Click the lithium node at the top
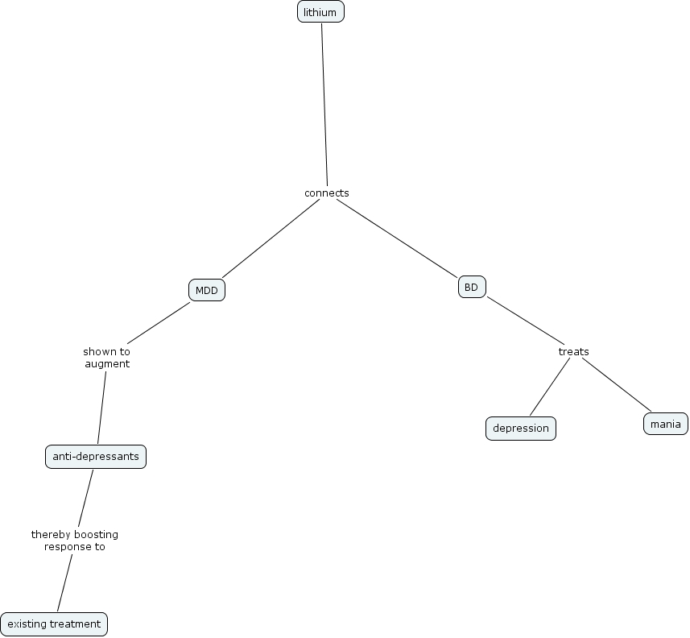[320, 12]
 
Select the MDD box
[207, 291]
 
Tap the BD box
[472, 287]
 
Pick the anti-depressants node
[96, 457]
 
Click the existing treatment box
[54, 623]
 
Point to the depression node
[521, 428]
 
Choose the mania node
[666, 424]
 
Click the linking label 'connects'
[326, 193]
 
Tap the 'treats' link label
[573, 351]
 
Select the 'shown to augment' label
[106, 358]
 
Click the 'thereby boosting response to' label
[75, 540]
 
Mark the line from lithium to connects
[324, 105]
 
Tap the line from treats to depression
[550, 386]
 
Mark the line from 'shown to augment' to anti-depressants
[102, 407]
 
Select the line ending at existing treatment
[64, 582]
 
